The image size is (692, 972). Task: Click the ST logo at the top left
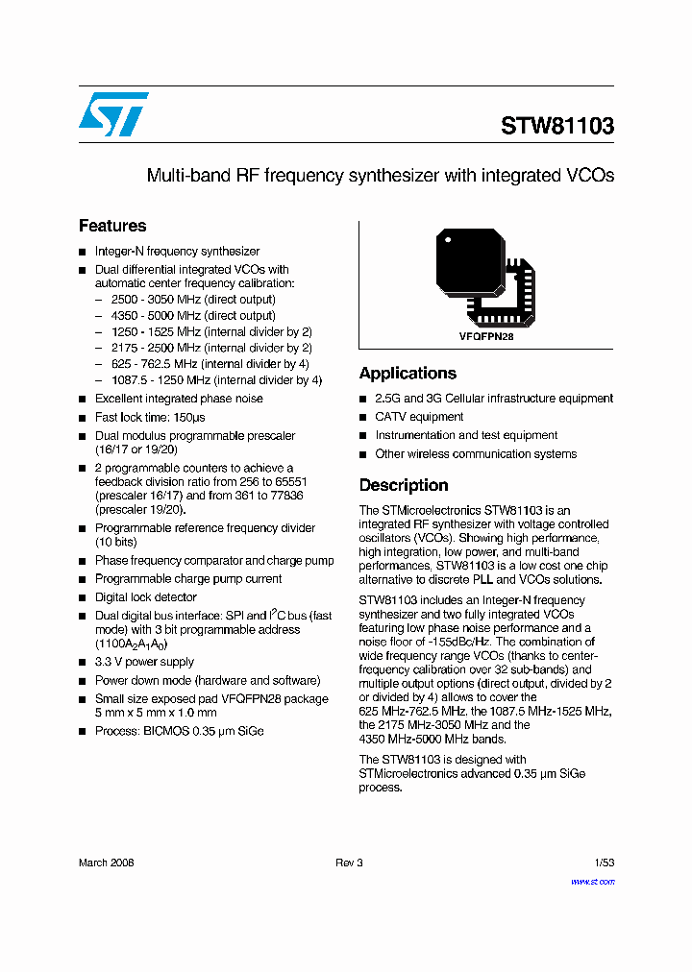pos(113,114)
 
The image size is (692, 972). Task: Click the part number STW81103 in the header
pos(556,126)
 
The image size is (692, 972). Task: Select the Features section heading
pos(112,226)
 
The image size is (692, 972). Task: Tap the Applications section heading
pos(408,373)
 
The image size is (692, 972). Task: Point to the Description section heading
pos(404,485)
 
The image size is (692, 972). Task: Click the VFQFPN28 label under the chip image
pos(486,338)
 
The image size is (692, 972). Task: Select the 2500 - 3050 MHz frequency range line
pos(193,300)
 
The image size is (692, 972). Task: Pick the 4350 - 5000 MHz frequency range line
pos(193,315)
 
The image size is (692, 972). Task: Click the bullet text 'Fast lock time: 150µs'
pos(150,418)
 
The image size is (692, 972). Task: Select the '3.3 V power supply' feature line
pos(144,662)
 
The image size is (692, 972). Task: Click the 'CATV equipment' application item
pos(419,417)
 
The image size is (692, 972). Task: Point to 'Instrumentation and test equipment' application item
pos(466,435)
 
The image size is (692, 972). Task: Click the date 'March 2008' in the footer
pos(106,863)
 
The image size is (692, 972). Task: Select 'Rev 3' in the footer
pos(349,863)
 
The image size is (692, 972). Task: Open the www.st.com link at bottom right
pos(592,881)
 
